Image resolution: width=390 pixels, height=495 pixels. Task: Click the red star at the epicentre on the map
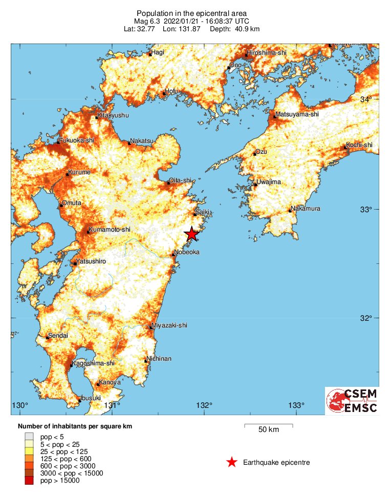[191, 234]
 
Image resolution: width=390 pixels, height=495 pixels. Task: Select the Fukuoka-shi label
[78, 140]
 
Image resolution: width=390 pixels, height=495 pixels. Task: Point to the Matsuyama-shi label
[297, 114]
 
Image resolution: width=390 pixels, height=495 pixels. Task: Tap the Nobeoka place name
[187, 252]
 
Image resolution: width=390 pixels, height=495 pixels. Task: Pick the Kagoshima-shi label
[93, 363]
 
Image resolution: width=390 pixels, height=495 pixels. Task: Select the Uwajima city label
[269, 182]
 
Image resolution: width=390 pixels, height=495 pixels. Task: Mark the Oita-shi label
[181, 180]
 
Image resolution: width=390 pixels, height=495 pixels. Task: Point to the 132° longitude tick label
[204, 406]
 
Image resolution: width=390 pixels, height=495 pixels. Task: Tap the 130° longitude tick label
[20, 406]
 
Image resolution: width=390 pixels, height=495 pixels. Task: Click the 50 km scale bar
[269, 425]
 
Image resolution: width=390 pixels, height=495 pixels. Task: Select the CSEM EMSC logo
[352, 401]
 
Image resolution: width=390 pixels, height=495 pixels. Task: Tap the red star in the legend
[232, 463]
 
